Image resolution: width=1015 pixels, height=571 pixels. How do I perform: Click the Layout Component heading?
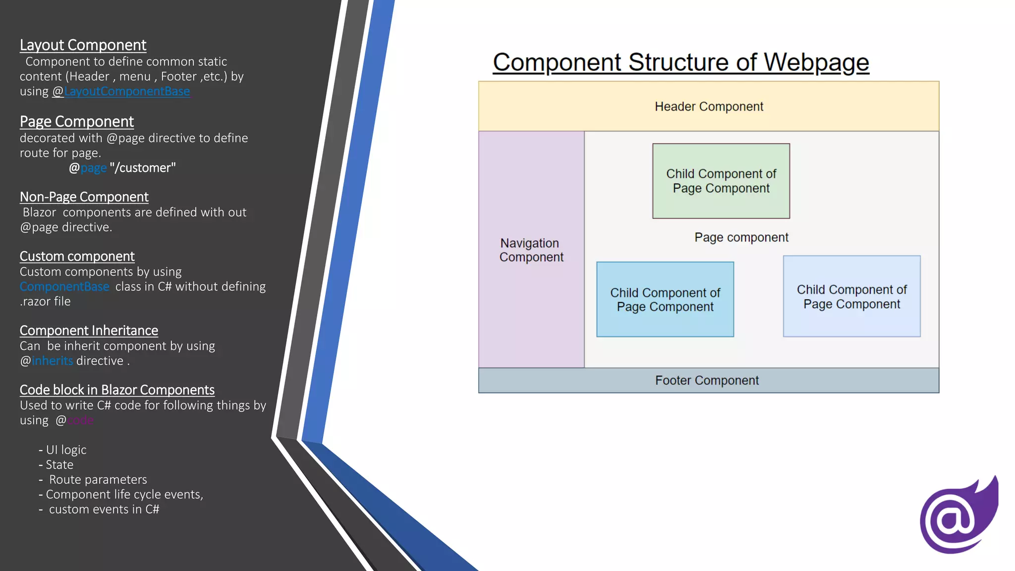pyautogui.click(x=83, y=45)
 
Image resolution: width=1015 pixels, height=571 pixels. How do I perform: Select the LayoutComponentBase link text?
pyautogui.click(x=127, y=91)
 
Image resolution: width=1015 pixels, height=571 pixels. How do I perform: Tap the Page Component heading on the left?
pyautogui.click(x=77, y=121)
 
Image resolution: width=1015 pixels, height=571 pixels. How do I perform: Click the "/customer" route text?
pyautogui.click(x=143, y=168)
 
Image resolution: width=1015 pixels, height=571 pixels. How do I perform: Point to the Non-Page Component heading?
pyautogui.click(x=84, y=197)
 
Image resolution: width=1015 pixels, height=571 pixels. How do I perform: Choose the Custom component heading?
pyautogui.click(x=77, y=256)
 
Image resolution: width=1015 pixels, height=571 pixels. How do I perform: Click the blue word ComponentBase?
pyautogui.click(x=64, y=286)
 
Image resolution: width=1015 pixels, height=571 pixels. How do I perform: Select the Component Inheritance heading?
pyautogui.click(x=89, y=331)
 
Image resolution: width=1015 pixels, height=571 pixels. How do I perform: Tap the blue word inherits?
pyautogui.click(x=52, y=361)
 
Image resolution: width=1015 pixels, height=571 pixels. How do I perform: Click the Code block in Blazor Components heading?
pyautogui.click(x=117, y=390)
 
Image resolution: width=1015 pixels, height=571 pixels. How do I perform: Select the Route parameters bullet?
pyautogui.click(x=98, y=480)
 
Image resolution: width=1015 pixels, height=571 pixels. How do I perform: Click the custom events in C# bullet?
pyautogui.click(x=104, y=510)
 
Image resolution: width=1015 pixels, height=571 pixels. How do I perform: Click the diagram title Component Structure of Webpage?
pyautogui.click(x=680, y=63)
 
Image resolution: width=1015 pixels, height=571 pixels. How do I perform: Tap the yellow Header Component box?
pyautogui.click(x=708, y=107)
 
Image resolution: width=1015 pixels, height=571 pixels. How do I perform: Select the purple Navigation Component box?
pyautogui.click(x=531, y=250)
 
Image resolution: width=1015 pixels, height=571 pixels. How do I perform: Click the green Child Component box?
pyautogui.click(x=721, y=181)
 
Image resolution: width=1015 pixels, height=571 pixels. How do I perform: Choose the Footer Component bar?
pyautogui.click(x=708, y=381)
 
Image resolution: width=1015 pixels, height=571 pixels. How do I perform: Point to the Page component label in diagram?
pyautogui.click(x=741, y=237)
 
